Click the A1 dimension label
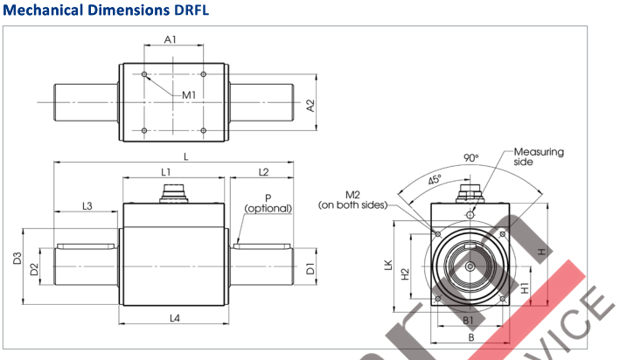click(x=171, y=39)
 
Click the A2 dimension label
click(x=310, y=105)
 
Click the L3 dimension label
click(x=87, y=206)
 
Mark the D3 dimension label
click(x=18, y=260)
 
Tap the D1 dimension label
click(x=310, y=269)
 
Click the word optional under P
click(x=268, y=208)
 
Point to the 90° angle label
click(x=471, y=158)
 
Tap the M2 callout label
click(x=353, y=194)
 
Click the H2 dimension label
click(x=405, y=274)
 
